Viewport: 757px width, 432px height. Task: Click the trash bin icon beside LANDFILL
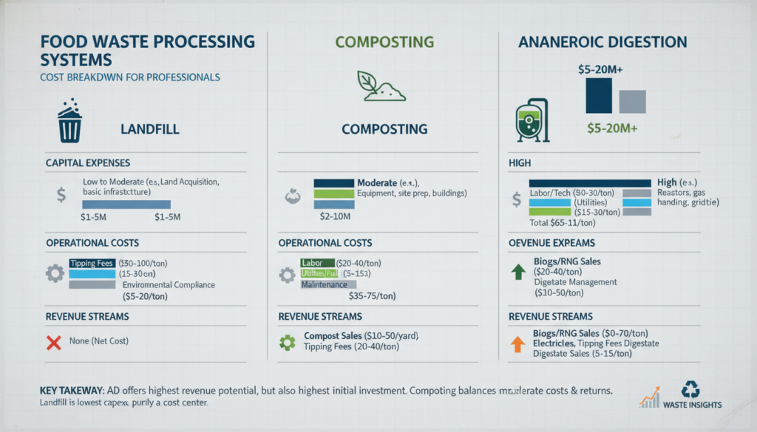click(69, 123)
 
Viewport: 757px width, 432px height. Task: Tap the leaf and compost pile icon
click(378, 86)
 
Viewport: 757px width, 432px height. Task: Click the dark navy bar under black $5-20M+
click(599, 95)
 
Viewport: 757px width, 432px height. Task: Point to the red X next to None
click(52, 342)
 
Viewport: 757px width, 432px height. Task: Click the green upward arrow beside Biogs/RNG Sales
click(518, 270)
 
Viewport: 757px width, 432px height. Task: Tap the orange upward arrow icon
click(518, 343)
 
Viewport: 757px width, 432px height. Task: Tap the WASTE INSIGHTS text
click(693, 405)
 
